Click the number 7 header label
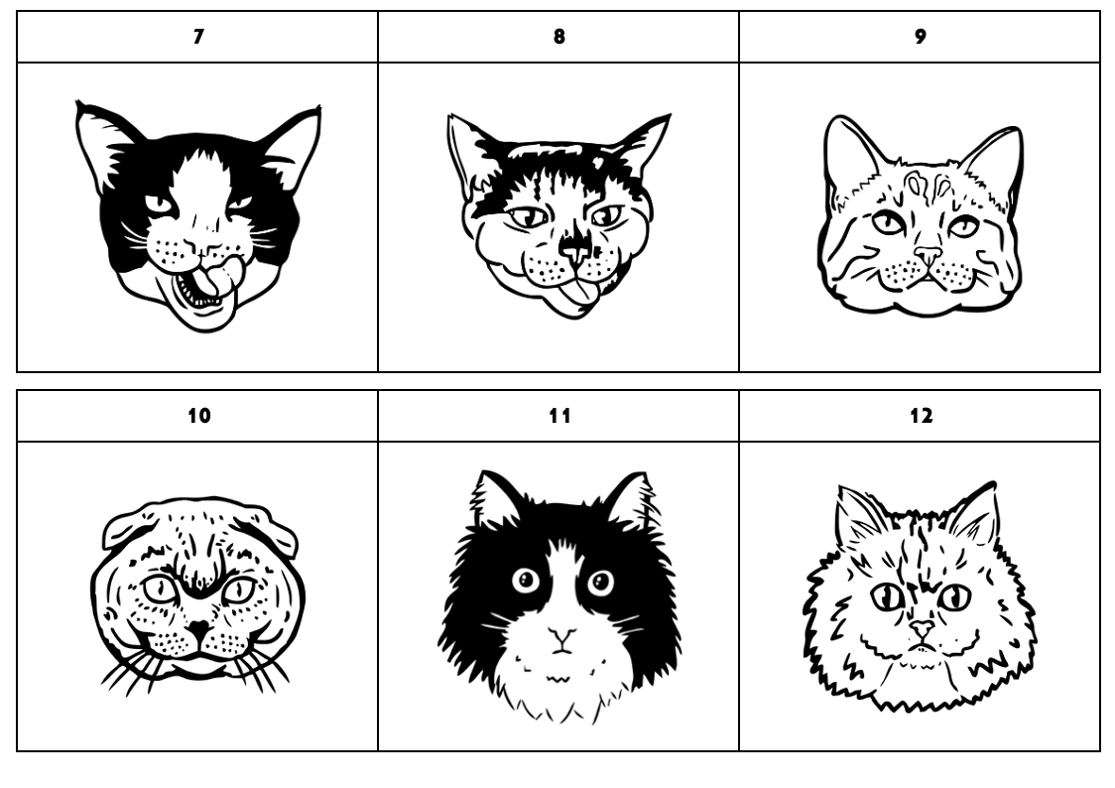tap(198, 37)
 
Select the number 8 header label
tap(559, 37)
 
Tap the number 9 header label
tap(921, 37)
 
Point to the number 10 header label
tap(199, 415)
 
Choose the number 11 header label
tap(560, 415)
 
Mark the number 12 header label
tap(921, 415)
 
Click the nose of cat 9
tap(928, 255)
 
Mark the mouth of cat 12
tap(923, 647)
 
